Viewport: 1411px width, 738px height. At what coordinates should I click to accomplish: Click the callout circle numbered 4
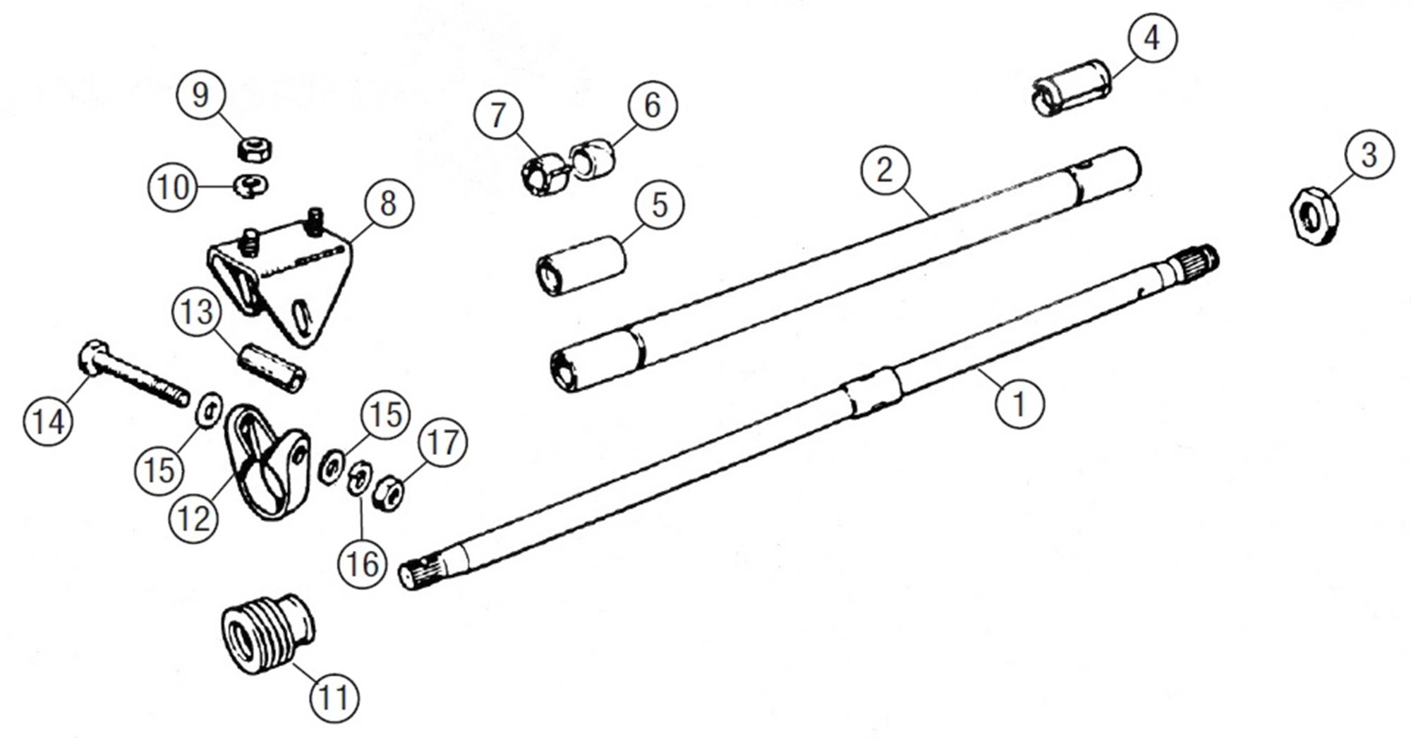coord(1151,37)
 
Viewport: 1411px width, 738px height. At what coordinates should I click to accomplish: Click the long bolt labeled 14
coord(134,374)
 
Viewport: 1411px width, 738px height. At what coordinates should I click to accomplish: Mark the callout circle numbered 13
coord(197,312)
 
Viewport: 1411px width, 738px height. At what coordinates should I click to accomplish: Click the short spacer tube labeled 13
coord(271,367)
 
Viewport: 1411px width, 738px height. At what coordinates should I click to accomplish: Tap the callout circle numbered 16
coord(363,563)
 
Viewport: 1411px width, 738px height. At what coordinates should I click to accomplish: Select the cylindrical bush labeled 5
coord(581,267)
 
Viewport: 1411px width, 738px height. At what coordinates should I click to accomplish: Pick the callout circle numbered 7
coord(498,115)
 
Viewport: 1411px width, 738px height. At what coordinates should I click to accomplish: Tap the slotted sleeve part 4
coord(1072,88)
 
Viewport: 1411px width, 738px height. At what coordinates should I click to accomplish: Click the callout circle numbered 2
coord(885,170)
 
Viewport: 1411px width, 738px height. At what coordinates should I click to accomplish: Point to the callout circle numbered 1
coord(1019,404)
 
